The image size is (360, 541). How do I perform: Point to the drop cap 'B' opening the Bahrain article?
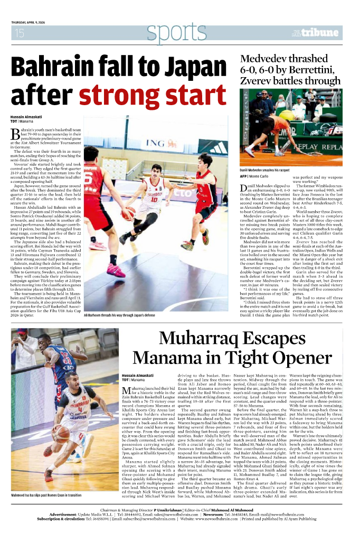(15, 133)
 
